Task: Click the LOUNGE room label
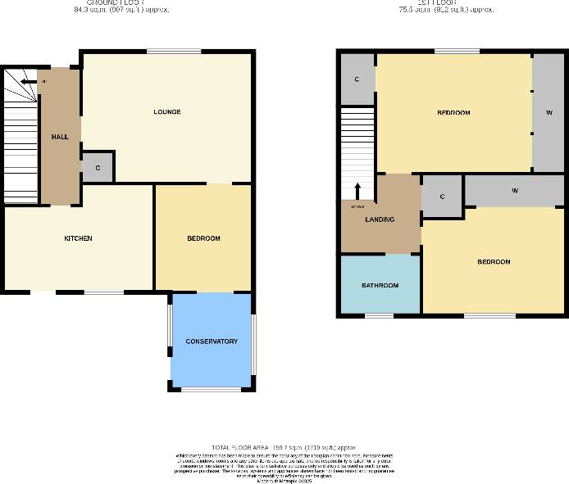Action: point(166,111)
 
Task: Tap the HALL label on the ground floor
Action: point(60,136)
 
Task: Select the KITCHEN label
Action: point(78,238)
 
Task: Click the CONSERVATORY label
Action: point(212,341)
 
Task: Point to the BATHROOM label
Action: point(380,285)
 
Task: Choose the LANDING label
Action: point(380,219)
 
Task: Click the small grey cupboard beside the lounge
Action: point(98,167)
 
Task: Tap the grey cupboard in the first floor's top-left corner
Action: point(357,79)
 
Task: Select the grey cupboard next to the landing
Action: point(442,197)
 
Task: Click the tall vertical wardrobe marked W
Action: point(548,112)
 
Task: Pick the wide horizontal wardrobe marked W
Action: point(514,190)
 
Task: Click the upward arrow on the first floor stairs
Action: point(357,190)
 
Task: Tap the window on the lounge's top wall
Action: point(174,52)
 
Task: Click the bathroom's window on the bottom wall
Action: point(379,316)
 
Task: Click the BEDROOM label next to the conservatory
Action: point(203,238)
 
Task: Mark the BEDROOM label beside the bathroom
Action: point(494,262)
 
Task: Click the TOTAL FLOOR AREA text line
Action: point(284,446)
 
